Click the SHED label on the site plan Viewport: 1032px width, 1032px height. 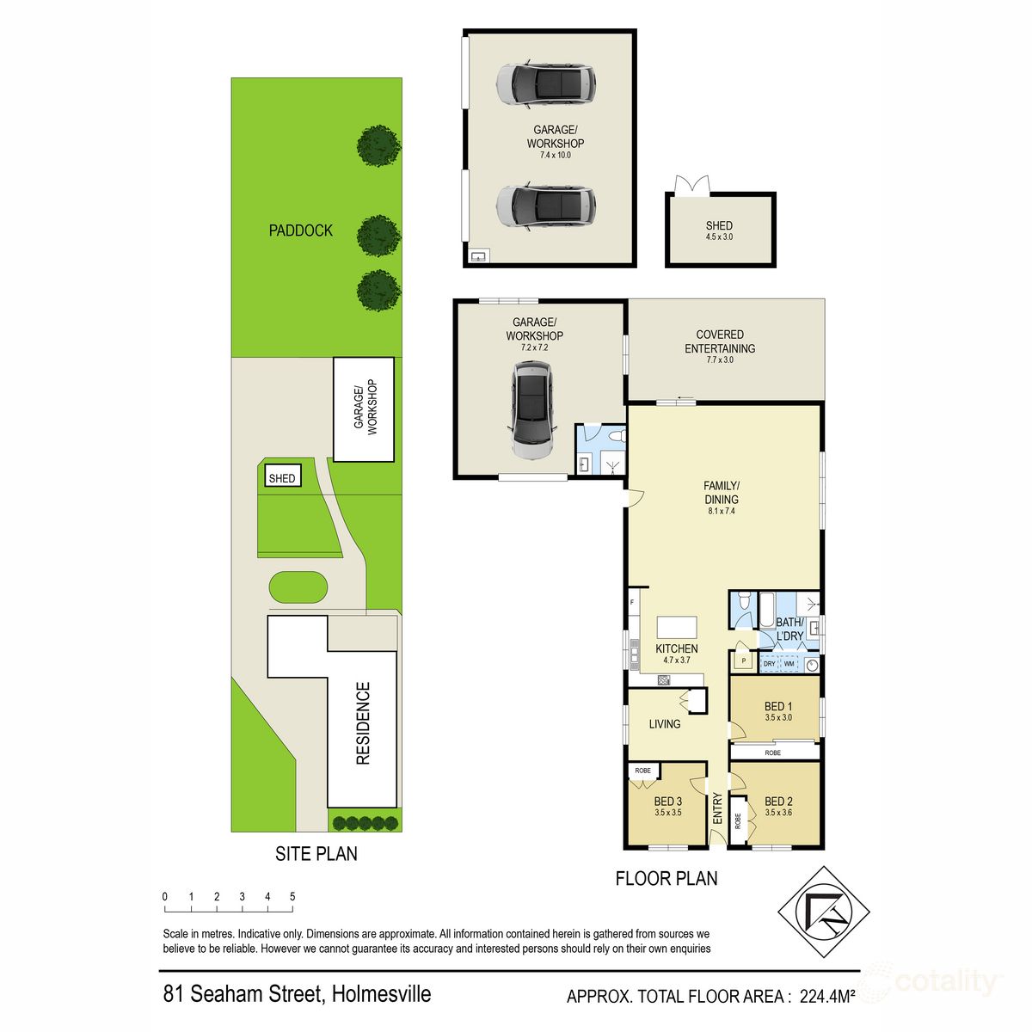[281, 478]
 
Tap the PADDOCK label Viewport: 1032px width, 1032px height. [300, 230]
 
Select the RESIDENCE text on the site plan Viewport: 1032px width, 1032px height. [363, 723]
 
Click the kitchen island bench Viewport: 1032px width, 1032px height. [677, 627]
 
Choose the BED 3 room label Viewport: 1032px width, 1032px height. [667, 802]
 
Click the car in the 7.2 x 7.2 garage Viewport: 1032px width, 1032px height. [533, 408]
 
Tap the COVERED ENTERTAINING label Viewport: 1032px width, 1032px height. [720, 341]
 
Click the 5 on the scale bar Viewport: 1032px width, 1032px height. [292, 897]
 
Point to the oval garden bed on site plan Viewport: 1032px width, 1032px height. [298, 589]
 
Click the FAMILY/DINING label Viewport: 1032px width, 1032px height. [721, 493]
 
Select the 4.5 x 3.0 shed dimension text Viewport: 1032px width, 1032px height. [719, 236]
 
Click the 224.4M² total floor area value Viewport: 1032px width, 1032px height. [826, 997]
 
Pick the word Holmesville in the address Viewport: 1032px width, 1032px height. [379, 995]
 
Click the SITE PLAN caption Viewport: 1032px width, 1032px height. [316, 854]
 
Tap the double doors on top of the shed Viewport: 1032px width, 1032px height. [692, 184]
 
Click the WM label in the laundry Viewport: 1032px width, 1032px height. [789, 664]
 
